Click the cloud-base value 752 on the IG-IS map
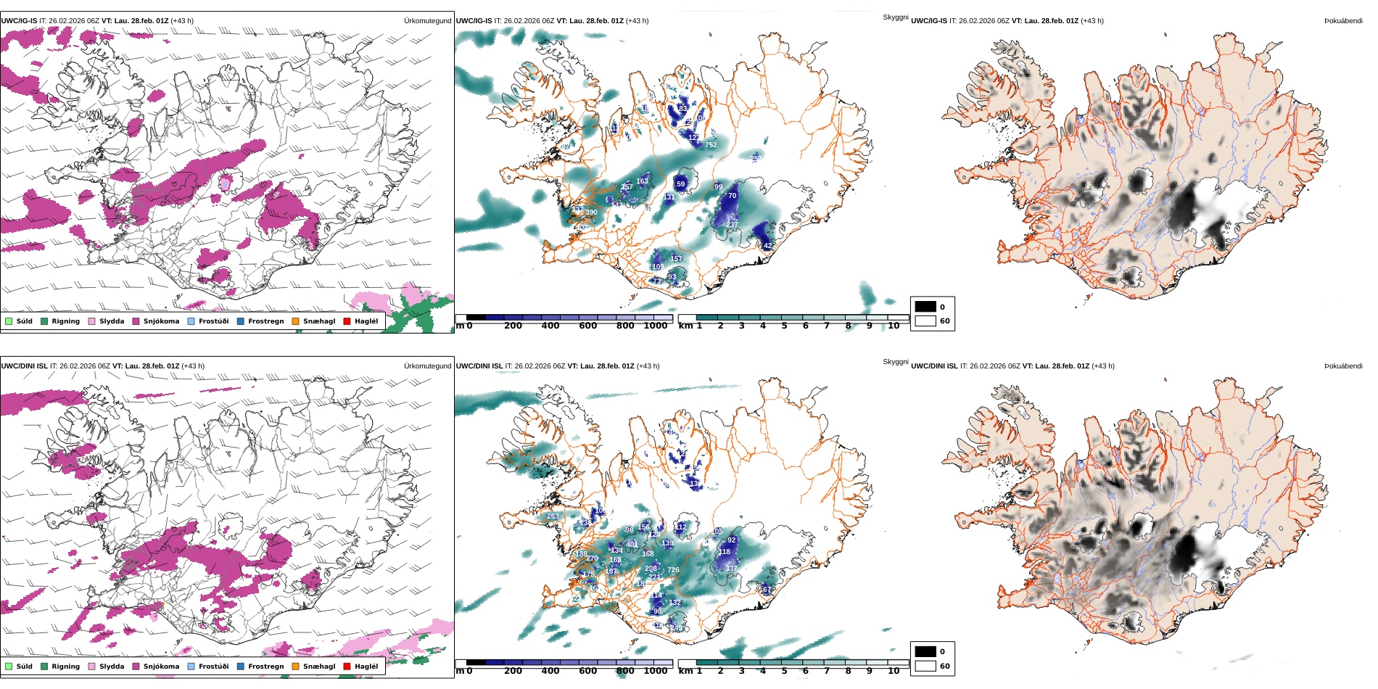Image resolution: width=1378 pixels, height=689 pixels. tap(711, 145)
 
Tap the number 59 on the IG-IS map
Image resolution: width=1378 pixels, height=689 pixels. tap(680, 184)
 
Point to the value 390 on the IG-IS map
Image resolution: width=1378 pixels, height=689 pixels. tap(591, 213)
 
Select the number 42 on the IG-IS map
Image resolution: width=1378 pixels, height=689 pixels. tap(768, 246)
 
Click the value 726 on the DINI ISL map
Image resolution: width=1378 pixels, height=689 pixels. tap(673, 570)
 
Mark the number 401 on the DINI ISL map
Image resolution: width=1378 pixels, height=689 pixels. tap(632, 544)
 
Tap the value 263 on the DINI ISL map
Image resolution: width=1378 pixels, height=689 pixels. tap(553, 516)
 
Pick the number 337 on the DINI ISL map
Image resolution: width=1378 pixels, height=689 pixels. tap(731, 568)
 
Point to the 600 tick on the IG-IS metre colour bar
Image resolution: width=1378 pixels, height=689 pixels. tap(587, 326)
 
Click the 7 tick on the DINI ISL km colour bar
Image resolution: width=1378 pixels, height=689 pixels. tap(826, 671)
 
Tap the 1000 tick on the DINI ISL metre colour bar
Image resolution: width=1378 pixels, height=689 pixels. tap(655, 671)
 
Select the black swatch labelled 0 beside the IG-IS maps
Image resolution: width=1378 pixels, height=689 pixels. tap(925, 307)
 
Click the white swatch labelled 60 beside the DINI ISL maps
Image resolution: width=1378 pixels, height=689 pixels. tap(925, 666)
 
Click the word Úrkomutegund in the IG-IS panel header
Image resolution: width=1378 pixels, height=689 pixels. tap(427, 21)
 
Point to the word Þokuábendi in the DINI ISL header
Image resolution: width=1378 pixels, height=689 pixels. tap(1343, 366)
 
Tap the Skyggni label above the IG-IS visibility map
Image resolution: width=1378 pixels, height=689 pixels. tap(895, 17)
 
